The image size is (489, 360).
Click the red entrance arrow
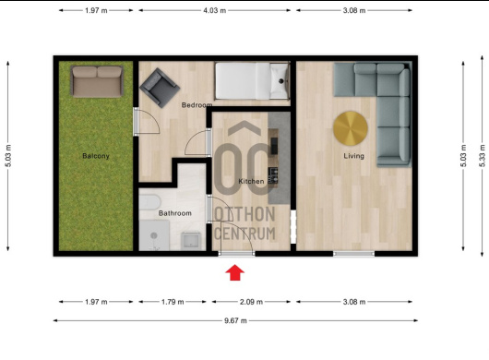click(235, 272)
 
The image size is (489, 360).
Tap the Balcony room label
click(96, 156)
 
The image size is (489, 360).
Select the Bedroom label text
click(197, 105)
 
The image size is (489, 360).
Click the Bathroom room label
click(175, 213)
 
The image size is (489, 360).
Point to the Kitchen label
click(251, 181)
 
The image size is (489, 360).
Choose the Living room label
click(353, 156)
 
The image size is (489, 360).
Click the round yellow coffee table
click(351, 128)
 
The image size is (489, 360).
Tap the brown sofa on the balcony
click(97, 81)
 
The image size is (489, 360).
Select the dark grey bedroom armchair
click(160, 88)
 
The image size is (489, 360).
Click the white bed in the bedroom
click(252, 81)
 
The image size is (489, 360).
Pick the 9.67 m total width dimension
click(235, 320)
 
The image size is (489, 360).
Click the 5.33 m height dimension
click(483, 156)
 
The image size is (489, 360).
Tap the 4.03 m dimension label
click(215, 10)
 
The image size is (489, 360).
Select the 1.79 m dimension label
click(173, 302)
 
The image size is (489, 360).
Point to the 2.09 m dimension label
click(251, 302)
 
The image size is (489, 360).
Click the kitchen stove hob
click(273, 175)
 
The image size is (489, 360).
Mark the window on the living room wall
click(353, 254)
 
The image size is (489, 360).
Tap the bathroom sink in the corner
click(191, 240)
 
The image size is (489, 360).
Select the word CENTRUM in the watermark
click(245, 234)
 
